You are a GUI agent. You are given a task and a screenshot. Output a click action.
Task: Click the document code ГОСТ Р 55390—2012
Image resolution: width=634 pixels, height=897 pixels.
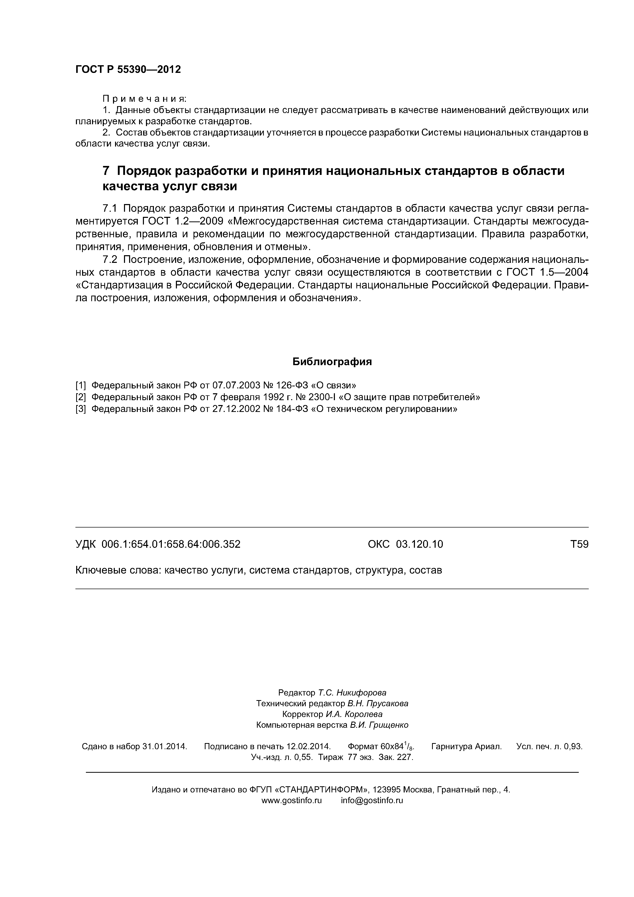click(x=128, y=70)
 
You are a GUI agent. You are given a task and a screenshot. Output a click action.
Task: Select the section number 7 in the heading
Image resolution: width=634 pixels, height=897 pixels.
click(x=106, y=171)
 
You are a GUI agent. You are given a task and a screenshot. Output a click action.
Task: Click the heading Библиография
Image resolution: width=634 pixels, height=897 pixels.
click(x=332, y=362)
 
